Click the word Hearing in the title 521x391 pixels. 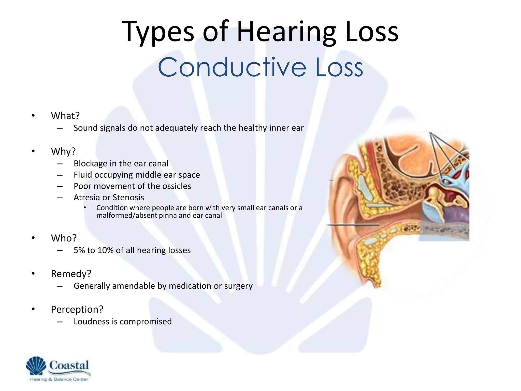tap(288, 32)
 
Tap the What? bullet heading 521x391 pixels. tap(65, 116)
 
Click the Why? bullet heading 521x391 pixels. tap(63, 151)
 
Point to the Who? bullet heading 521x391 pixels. tap(64, 238)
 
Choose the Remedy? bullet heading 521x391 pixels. tap(71, 274)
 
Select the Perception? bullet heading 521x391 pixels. tap(77, 310)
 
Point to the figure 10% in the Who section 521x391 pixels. tap(105, 250)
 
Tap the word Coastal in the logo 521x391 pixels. tap(69, 365)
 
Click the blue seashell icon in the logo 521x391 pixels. tap(36, 366)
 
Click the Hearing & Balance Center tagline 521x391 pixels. tap(59, 379)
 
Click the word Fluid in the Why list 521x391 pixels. tap(81, 175)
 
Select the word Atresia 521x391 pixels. tap(86, 198)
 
